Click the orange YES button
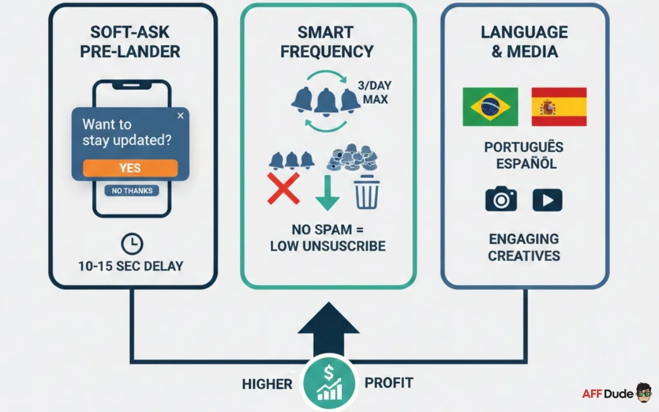pyautogui.click(x=130, y=168)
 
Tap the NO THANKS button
pyautogui.click(x=132, y=191)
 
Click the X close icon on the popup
pyautogui.click(x=181, y=115)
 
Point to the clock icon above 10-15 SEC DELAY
pyautogui.click(x=132, y=243)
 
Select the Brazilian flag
pyautogui.click(x=490, y=107)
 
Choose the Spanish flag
pyautogui.click(x=559, y=107)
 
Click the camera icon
pyautogui.click(x=501, y=200)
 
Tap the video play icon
pyautogui.click(x=547, y=200)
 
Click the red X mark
pyautogui.click(x=283, y=188)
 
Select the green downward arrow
pyautogui.click(x=327, y=192)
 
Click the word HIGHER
pyautogui.click(x=267, y=384)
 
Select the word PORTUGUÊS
pyautogui.click(x=524, y=147)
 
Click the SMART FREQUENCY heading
pyautogui.click(x=327, y=42)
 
